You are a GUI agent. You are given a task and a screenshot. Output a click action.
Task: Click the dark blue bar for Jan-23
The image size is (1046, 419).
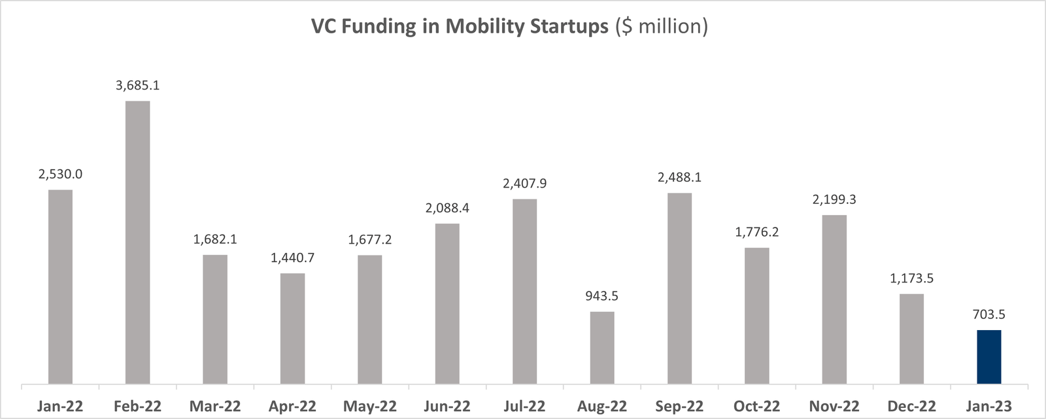point(988,357)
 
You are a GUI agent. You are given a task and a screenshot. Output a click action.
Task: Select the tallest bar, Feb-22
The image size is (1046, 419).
point(137,242)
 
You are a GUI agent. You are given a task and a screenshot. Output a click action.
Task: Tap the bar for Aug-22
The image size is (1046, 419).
point(602,348)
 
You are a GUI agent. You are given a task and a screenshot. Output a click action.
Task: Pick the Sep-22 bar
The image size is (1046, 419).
point(679,288)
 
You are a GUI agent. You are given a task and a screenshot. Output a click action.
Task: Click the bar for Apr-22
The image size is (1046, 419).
point(292,328)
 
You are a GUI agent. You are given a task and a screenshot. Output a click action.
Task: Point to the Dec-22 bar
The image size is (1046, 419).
point(911,339)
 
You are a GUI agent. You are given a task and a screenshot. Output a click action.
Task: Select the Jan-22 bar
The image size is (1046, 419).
point(60,286)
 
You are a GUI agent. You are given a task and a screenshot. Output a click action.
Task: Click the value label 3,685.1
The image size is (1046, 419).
point(137,86)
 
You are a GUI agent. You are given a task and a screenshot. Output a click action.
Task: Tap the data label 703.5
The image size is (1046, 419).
point(988,314)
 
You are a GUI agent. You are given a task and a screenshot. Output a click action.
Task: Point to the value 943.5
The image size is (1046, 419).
point(602,296)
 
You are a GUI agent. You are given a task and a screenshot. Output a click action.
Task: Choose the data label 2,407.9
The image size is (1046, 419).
point(524,184)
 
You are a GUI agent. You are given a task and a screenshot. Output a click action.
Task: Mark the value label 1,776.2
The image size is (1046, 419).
point(756,232)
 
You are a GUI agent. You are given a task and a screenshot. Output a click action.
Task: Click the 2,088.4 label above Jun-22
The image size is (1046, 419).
point(447,209)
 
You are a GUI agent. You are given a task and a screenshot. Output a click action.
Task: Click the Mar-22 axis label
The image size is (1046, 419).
point(215,407)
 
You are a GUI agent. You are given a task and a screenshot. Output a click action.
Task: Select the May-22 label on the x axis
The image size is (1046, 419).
point(370,407)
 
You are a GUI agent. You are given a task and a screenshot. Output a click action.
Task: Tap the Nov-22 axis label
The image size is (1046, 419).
point(834,407)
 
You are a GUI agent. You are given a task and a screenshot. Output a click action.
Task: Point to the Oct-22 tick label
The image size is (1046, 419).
point(756,407)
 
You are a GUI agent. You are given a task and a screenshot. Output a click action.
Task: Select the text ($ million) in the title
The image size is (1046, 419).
point(661,27)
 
